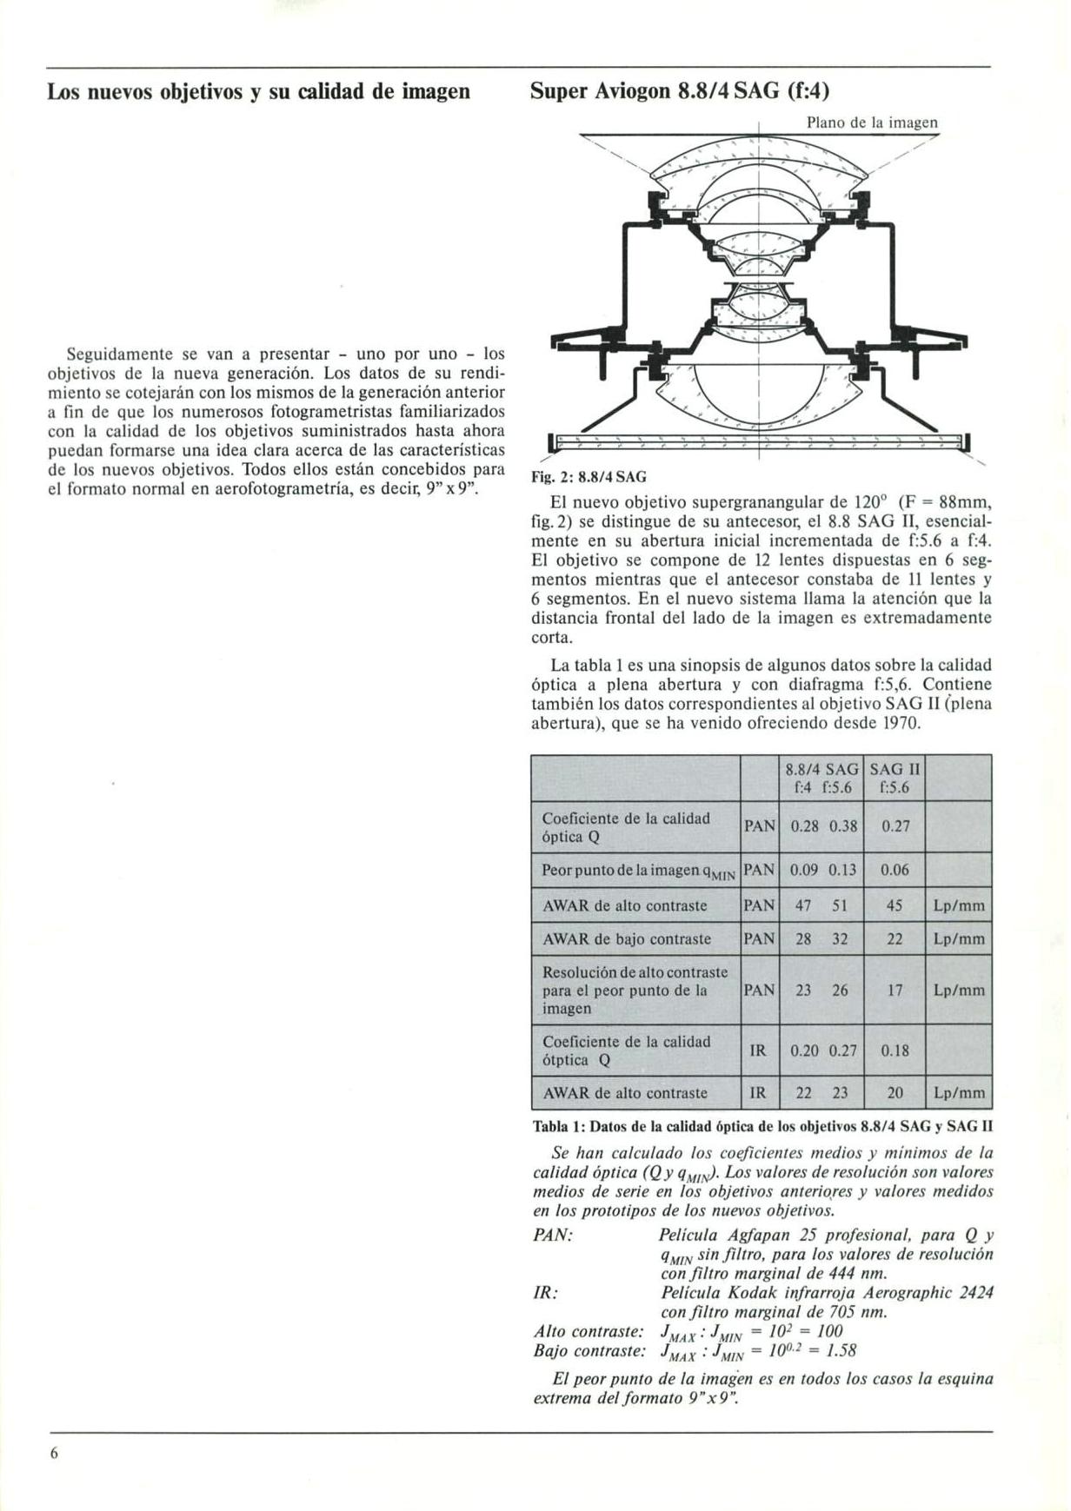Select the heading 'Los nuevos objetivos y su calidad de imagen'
pyautogui.click(x=258, y=91)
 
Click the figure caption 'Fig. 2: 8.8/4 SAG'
pyautogui.click(x=589, y=477)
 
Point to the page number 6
pyautogui.click(x=54, y=1454)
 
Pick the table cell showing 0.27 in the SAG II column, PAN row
pyautogui.click(x=895, y=826)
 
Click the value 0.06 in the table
pyautogui.click(x=895, y=870)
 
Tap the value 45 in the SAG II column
pyautogui.click(x=895, y=905)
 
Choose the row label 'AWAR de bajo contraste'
pyautogui.click(x=626, y=939)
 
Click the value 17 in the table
pyautogui.click(x=895, y=991)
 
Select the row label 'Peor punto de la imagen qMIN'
pyautogui.click(x=638, y=871)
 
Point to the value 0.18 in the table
pyautogui.click(x=895, y=1050)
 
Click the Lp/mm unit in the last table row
pyautogui.click(x=959, y=1093)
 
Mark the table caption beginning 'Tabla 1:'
pyautogui.click(x=762, y=1127)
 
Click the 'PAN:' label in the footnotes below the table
pyautogui.click(x=553, y=1236)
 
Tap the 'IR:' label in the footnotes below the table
pyautogui.click(x=544, y=1293)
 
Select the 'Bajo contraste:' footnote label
pyautogui.click(x=589, y=1351)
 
